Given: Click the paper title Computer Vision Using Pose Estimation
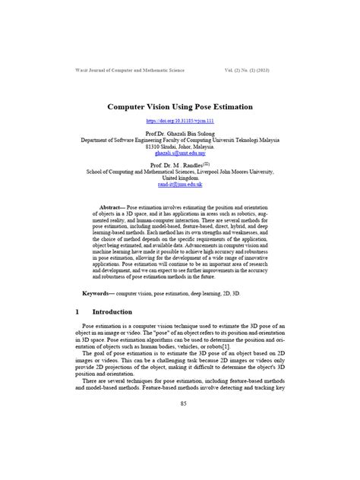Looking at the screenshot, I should pos(179,107).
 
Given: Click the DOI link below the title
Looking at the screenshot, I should pos(179,122).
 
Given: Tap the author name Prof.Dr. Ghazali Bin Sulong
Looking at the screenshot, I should pos(180,134).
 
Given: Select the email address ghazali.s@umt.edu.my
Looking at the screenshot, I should pos(180,153).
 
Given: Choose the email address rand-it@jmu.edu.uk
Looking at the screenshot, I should pos(180,184).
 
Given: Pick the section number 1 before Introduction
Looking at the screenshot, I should pos(78,311).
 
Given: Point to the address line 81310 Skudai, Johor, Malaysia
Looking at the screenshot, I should pos(180,147).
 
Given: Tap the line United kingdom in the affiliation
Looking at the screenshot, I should pos(180,178).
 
